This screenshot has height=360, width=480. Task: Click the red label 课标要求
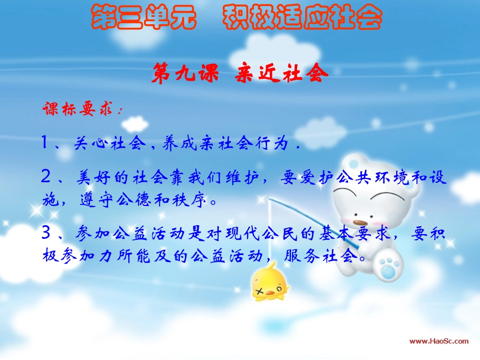pos(80,110)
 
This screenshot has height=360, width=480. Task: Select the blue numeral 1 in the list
pos(45,144)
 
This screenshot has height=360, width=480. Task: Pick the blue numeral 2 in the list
pos(46,177)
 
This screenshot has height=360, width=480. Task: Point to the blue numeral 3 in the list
pos(46,233)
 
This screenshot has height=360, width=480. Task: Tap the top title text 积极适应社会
pos(302,18)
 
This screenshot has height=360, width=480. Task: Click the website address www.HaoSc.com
pos(438,341)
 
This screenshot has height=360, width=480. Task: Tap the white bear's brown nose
pos(359,222)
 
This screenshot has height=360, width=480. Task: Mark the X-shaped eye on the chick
pos(263,291)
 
